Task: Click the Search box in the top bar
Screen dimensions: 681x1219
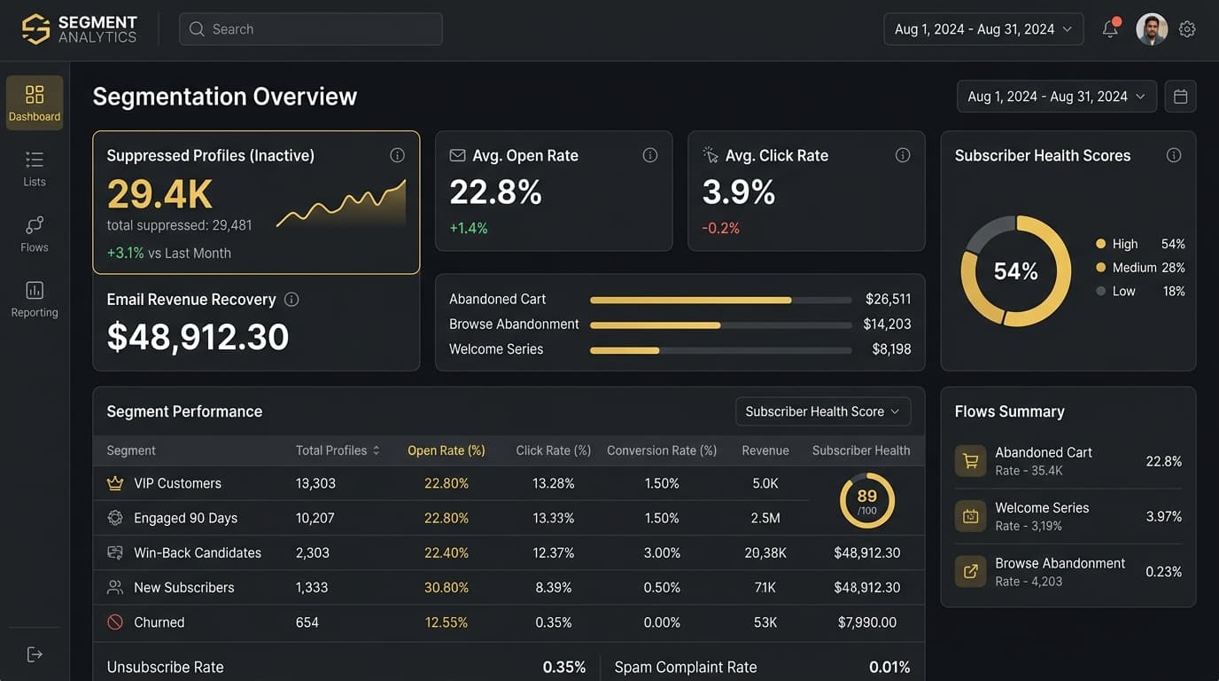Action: click(310, 29)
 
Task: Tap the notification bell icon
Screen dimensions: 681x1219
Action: click(1110, 29)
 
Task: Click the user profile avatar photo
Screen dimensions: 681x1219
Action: click(1152, 29)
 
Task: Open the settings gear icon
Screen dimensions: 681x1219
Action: click(1187, 29)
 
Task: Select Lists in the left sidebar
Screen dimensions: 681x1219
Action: click(35, 168)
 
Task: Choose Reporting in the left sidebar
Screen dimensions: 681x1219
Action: click(35, 299)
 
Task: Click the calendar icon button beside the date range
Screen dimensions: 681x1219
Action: click(1180, 97)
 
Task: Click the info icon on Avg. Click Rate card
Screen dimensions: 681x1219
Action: click(903, 155)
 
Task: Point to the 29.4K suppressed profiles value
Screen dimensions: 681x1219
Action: click(160, 193)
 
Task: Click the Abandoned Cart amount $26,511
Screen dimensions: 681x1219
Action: click(888, 300)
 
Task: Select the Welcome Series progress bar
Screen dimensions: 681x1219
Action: click(720, 350)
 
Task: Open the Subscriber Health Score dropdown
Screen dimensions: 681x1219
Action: click(822, 411)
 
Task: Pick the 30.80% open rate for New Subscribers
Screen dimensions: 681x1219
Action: click(446, 588)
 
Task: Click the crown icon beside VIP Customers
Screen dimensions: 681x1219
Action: click(114, 483)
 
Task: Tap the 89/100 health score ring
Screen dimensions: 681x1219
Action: click(866, 500)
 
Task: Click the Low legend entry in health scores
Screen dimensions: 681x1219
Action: click(1123, 291)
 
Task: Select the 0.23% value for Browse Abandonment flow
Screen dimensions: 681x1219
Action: click(1163, 572)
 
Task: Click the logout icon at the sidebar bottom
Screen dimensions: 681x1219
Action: click(35, 654)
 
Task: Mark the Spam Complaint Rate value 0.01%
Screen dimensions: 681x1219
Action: click(889, 668)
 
